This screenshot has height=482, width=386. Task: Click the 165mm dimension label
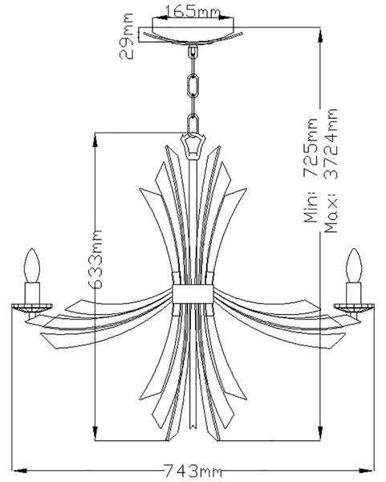coord(193,12)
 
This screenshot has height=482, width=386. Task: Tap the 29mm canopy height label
coord(127,36)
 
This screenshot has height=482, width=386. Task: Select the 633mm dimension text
coord(95,259)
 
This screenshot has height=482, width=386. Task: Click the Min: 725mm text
coord(311,170)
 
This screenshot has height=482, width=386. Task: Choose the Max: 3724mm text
coord(331,170)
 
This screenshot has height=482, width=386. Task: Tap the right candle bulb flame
coord(354,265)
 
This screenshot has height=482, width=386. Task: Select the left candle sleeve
coord(32,293)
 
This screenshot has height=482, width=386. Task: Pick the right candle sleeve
coord(353,293)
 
